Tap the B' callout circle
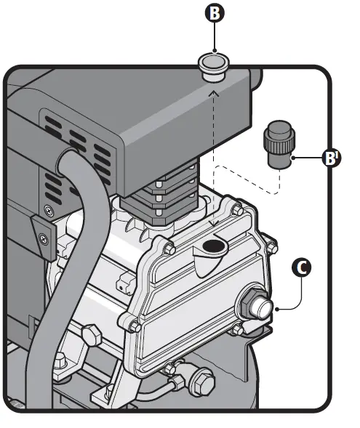332,158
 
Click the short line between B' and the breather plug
305,156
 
